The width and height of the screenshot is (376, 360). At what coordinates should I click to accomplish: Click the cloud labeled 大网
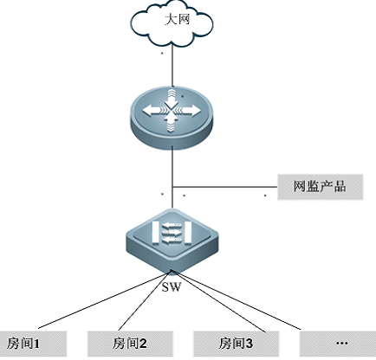(x=172, y=24)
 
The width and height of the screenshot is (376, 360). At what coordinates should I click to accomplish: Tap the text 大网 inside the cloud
(x=178, y=20)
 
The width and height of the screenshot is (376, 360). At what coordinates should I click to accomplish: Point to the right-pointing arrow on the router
(x=191, y=110)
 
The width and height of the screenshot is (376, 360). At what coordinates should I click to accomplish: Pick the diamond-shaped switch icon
(x=172, y=240)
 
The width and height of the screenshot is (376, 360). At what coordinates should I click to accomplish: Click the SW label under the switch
(x=172, y=287)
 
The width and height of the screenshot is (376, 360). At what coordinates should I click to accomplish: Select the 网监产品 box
(x=321, y=187)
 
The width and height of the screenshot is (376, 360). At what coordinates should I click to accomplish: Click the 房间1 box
(x=34, y=344)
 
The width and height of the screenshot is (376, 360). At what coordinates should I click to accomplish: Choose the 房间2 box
(x=130, y=344)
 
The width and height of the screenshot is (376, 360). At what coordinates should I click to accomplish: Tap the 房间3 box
(x=237, y=344)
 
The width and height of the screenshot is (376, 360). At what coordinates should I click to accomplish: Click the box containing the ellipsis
(x=338, y=344)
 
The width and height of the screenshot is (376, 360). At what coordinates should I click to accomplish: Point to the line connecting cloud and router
(x=172, y=66)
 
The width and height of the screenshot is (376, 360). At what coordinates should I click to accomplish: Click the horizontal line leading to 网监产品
(x=225, y=187)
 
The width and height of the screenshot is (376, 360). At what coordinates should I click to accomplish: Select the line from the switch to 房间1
(x=105, y=299)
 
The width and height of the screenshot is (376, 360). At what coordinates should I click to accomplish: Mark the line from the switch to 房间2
(x=145, y=300)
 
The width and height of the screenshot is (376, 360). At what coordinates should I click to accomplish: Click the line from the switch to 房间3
(x=218, y=301)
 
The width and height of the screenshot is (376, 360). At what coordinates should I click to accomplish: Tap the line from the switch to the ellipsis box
(x=237, y=300)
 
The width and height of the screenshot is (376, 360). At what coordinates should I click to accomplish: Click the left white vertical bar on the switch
(x=156, y=233)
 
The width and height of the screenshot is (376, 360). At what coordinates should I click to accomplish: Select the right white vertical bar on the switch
(x=188, y=233)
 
